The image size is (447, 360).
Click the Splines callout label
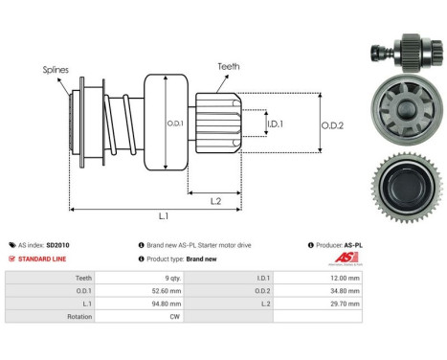click(56, 69)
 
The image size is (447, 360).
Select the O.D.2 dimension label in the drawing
click(332, 124)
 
